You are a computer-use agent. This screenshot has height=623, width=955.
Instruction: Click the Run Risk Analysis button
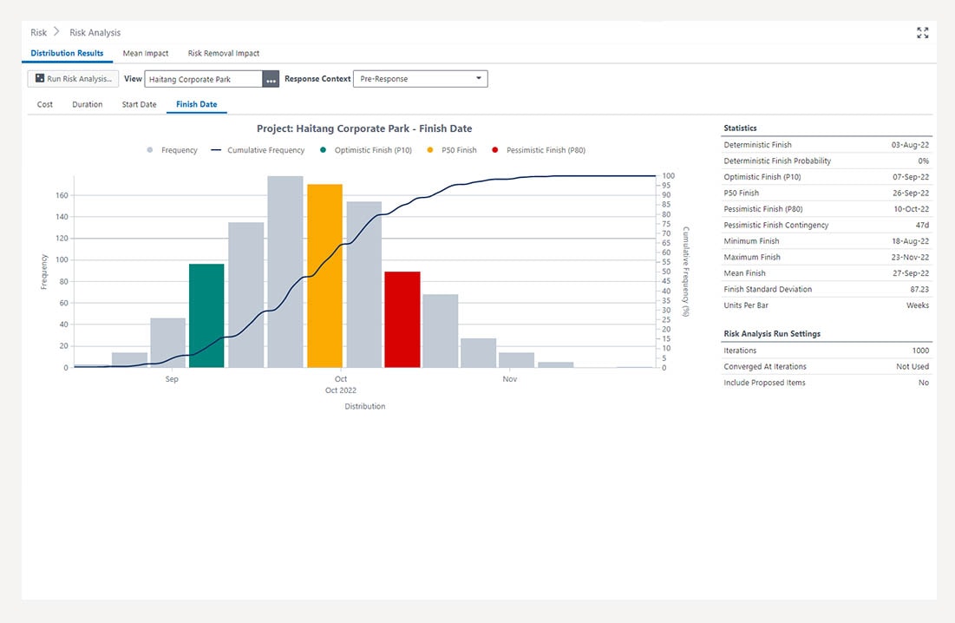point(74,79)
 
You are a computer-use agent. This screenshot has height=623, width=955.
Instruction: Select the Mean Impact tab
point(146,54)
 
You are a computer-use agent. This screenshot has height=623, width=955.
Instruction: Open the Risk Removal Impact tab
point(224,54)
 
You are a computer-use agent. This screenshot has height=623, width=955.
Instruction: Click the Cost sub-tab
point(45,105)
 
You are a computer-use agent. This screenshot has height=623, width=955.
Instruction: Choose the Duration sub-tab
point(88,105)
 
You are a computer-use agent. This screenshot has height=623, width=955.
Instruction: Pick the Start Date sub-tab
point(139,105)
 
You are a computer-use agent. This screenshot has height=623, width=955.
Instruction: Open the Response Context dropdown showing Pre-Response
point(421,79)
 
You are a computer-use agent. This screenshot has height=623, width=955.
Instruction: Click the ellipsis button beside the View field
point(271,79)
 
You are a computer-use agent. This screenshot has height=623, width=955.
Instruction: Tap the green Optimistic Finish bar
point(206,315)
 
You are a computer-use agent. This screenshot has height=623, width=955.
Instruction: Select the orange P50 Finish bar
point(324,275)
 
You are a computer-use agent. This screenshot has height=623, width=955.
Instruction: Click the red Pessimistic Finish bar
point(402,319)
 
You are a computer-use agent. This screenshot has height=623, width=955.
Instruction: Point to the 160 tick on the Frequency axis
point(62,195)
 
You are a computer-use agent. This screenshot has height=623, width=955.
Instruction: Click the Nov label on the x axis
point(509,379)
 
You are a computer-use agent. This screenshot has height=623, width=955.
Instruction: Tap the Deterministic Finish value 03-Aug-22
point(910,145)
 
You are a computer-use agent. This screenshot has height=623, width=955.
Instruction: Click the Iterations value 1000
point(920,351)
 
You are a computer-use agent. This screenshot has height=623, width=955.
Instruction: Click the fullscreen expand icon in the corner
point(922,33)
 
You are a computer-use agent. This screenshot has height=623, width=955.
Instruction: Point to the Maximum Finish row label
point(751,257)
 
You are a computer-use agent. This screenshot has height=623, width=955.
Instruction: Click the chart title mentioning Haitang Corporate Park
point(364,128)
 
